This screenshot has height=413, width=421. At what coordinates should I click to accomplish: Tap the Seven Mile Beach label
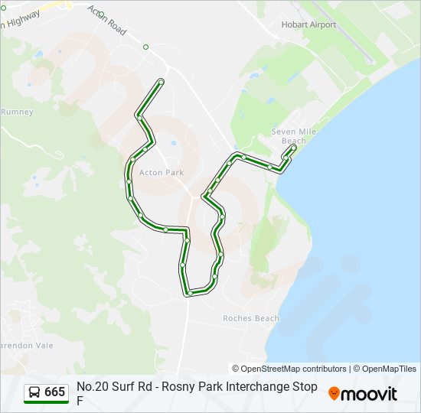(x=294, y=136)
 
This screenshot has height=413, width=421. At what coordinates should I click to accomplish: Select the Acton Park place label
(x=162, y=173)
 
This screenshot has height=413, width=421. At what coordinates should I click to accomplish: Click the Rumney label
(x=17, y=112)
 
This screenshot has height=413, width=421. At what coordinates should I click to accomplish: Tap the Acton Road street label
(x=106, y=21)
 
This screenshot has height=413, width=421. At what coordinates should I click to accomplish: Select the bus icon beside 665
(x=35, y=392)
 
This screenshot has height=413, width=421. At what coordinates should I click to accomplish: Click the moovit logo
(x=363, y=394)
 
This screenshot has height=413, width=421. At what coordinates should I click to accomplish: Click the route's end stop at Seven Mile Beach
(x=293, y=148)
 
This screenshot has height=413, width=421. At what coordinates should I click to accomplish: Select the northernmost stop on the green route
(x=161, y=81)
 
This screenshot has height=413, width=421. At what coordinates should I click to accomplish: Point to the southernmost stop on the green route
(x=188, y=293)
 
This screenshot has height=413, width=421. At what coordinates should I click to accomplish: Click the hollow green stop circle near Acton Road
(x=145, y=47)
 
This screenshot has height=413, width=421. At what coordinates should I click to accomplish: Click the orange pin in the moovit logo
(x=334, y=394)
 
